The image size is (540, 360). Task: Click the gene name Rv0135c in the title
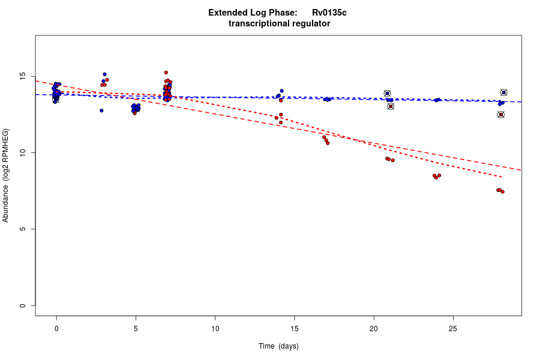pyautogui.click(x=329, y=13)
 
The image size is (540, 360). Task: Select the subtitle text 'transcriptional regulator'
pyautogui.click(x=279, y=23)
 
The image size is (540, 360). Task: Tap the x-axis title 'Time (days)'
pyautogui.click(x=278, y=346)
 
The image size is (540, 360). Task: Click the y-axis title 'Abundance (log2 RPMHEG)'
pyautogui.click(x=6, y=175)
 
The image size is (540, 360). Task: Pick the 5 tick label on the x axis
pyautogui.click(x=136, y=328)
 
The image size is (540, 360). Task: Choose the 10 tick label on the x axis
pyautogui.click(x=215, y=328)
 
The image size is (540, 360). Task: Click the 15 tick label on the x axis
pyautogui.click(x=295, y=328)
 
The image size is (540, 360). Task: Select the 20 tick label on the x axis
pyautogui.click(x=374, y=328)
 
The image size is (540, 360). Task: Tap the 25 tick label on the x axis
pyautogui.click(x=453, y=328)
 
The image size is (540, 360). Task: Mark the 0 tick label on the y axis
pyautogui.click(x=23, y=305)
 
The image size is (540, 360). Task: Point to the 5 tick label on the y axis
pyautogui.click(x=23, y=229)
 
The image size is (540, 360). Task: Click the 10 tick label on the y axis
pyautogui.click(x=23, y=153)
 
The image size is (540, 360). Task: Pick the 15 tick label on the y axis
pyautogui.click(x=23, y=77)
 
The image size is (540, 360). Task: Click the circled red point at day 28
pyautogui.click(x=501, y=115)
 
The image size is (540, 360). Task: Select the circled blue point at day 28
pyautogui.click(x=504, y=92)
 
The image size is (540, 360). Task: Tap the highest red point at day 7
pyautogui.click(x=166, y=73)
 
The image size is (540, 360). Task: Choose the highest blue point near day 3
pyautogui.click(x=104, y=74)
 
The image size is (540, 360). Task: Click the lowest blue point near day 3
pyautogui.click(x=101, y=110)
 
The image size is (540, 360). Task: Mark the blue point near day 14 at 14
pyautogui.click(x=281, y=91)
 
